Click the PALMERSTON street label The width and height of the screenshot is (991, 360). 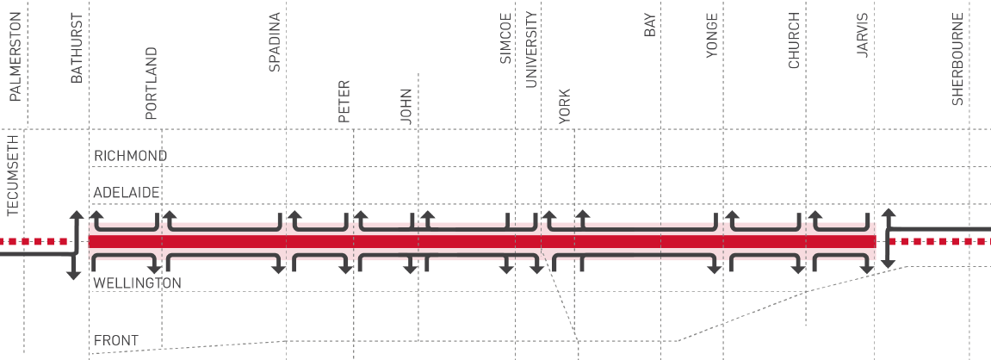tap(15, 57)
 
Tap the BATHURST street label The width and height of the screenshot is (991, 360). tap(77, 49)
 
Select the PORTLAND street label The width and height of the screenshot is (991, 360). tap(151, 84)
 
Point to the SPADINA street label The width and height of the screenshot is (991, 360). tap(275, 42)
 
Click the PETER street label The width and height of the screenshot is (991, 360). tap(344, 102)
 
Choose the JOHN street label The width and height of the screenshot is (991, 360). tap(406, 106)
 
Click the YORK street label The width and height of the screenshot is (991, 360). tap(565, 106)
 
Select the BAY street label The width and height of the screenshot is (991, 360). tap(650, 25)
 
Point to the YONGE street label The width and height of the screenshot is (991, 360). tap(712, 36)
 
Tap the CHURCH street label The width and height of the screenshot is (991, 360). tap(794, 40)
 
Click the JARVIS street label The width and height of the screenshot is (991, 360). tap(863, 36)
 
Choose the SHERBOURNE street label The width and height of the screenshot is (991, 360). tap(957, 59)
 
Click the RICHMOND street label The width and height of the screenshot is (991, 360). tap(131, 156)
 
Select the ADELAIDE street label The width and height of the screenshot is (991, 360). tap(127, 192)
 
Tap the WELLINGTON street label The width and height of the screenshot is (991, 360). tap(138, 282)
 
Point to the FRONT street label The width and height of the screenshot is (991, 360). tap(116, 341)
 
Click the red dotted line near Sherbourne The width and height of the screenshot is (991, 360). tap(940, 241)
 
